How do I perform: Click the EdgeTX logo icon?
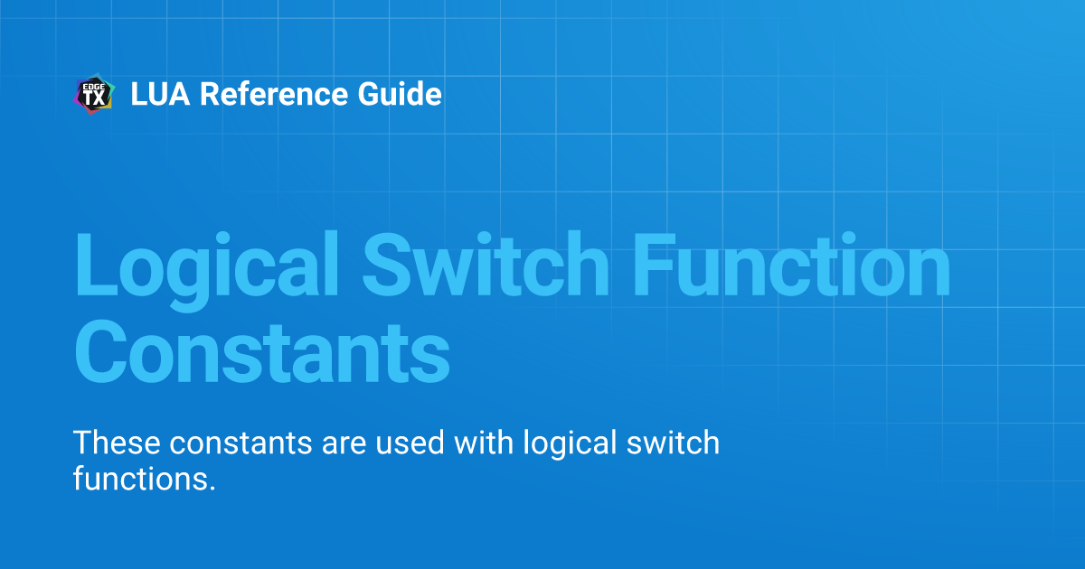click(x=94, y=94)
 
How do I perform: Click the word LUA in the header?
click(x=160, y=94)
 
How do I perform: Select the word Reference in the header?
click(x=274, y=94)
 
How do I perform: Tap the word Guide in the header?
click(x=400, y=94)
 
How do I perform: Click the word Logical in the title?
click(x=206, y=267)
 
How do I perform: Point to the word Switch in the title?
click(x=486, y=264)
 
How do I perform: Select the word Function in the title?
click(x=792, y=264)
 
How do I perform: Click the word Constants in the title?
click(x=262, y=351)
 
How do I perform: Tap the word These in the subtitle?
click(x=117, y=443)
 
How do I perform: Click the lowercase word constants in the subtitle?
click(x=241, y=443)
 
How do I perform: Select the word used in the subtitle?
click(x=410, y=443)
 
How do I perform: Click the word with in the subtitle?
click(x=484, y=443)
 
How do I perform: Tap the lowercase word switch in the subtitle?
click(x=674, y=443)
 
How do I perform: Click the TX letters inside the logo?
click(x=94, y=98)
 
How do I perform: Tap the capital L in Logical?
click(x=97, y=265)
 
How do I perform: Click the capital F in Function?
click(x=655, y=265)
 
